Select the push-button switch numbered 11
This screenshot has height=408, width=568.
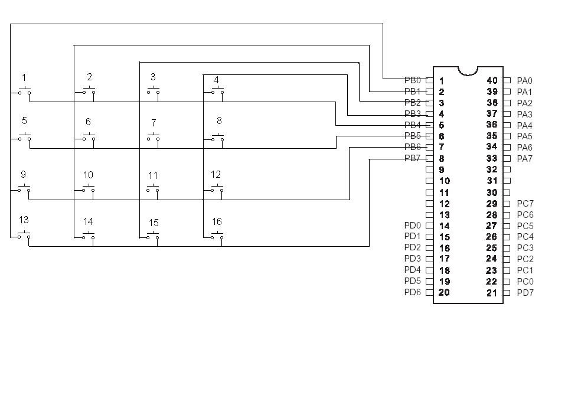153,188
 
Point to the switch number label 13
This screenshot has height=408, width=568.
24,220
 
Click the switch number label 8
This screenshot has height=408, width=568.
219,120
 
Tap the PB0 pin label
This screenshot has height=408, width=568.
413,80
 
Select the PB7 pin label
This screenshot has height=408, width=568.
413,158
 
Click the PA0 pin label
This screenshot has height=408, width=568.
524,81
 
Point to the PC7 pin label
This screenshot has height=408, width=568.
525,204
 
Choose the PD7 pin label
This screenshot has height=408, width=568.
525,293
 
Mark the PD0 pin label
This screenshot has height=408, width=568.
413,226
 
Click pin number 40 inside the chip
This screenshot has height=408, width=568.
492,80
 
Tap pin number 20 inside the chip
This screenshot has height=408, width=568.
444,292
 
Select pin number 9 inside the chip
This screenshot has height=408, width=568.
442,169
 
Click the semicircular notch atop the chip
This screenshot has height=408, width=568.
468,70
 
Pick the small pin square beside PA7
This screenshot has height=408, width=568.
507,158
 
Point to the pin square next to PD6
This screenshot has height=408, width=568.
429,292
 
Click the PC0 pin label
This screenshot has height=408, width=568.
525,282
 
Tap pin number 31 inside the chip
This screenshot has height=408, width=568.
492,181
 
